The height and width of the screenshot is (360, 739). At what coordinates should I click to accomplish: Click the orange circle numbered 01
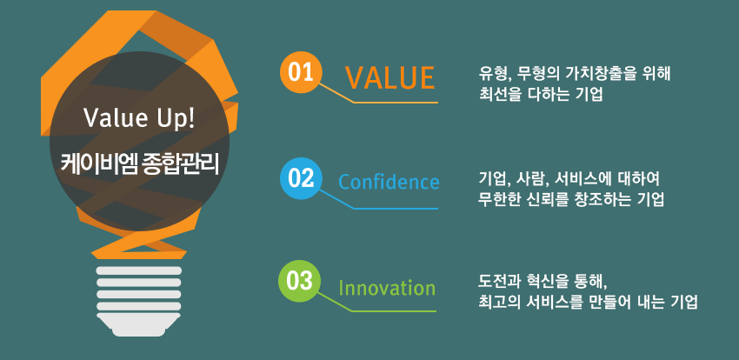coord(301,73)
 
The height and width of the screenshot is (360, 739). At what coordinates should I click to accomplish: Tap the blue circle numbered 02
coord(301,178)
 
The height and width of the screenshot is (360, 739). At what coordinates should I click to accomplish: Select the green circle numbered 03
coord(299,282)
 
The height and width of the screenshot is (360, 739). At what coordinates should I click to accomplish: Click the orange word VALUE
coord(389,77)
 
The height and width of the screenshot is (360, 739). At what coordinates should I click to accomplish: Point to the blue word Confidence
coord(389,182)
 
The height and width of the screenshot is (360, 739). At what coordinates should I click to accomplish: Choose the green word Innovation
coord(387,288)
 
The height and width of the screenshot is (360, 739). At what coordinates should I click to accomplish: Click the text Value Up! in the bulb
coord(139,118)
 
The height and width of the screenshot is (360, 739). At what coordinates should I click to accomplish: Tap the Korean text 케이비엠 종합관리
coord(139,163)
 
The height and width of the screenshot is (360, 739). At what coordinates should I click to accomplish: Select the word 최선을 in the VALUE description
coord(497,94)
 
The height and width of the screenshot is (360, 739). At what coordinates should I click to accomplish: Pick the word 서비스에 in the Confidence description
coord(581,179)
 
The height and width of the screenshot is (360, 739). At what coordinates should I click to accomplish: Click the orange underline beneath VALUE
coord(396,103)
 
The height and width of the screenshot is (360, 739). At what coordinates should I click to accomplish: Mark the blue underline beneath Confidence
coord(396,209)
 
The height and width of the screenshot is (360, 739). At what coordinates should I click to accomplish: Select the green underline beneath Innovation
coord(394,311)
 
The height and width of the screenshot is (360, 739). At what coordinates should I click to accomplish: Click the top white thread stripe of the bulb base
coord(138,270)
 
